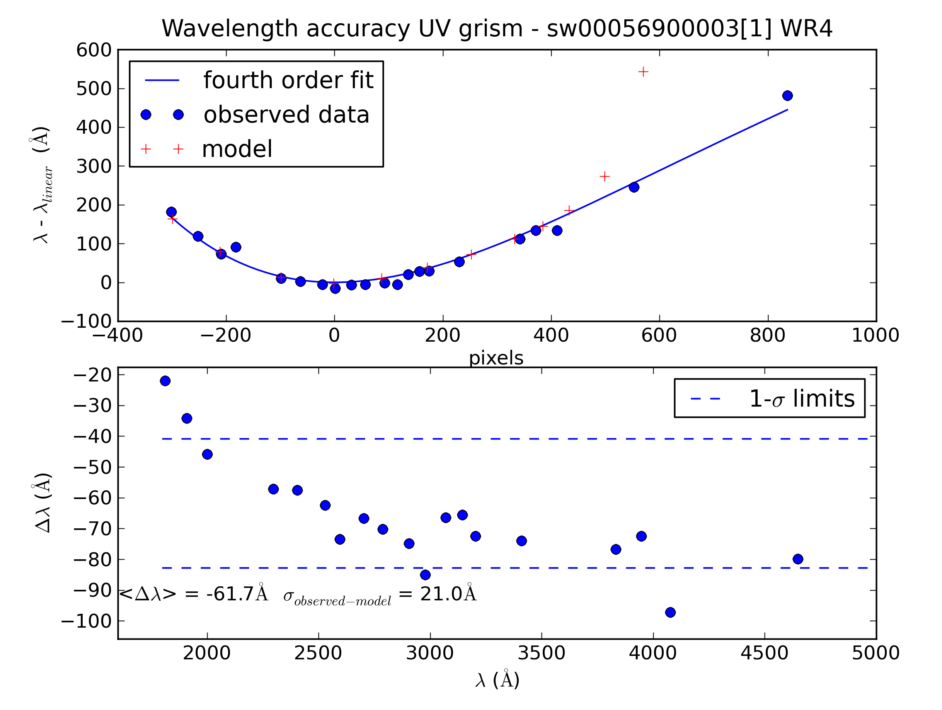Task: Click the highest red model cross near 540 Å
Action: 643,72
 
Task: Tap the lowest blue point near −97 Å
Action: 670,612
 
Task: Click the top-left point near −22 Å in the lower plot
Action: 165,381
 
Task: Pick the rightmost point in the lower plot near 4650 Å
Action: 798,559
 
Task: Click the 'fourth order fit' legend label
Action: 288,80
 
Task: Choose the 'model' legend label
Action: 237,149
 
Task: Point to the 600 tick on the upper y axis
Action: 94,50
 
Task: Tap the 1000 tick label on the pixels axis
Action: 875,335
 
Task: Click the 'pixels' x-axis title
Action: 496,358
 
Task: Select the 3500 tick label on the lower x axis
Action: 541,653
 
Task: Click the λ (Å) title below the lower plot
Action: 497,680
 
